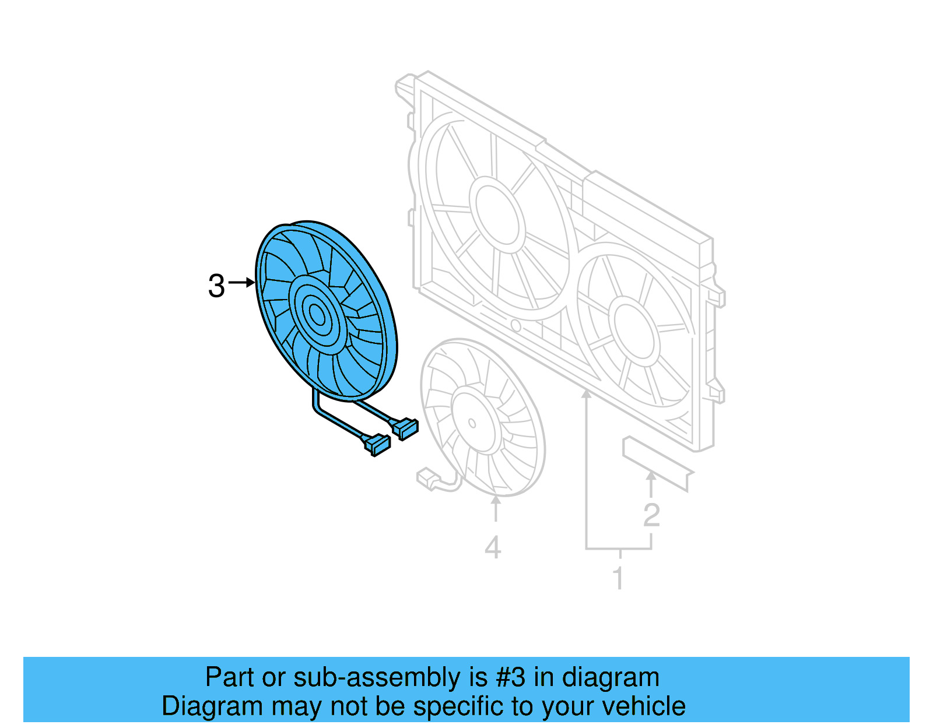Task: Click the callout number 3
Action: pos(216,286)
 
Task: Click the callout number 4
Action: pos(493,548)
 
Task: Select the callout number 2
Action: pos(651,515)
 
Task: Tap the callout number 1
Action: pos(618,578)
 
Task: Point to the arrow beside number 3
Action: pos(242,283)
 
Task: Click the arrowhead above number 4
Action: pos(496,500)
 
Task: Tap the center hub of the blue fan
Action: pos(317,315)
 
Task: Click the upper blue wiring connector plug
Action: pos(406,428)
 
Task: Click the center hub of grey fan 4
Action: pos(472,423)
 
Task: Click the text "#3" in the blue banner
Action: pos(510,677)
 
